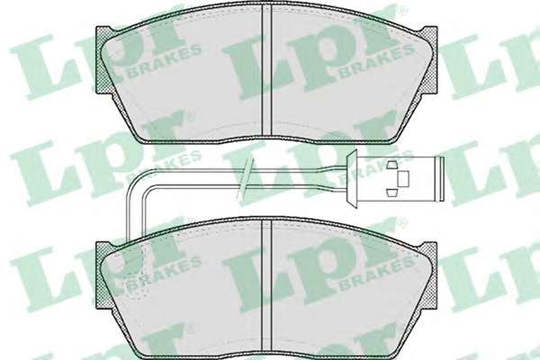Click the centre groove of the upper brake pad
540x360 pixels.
tap(267, 70)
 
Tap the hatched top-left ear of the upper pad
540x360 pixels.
tap(105, 60)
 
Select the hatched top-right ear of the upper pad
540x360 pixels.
tap(428, 60)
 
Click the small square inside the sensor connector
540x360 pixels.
tap(403, 179)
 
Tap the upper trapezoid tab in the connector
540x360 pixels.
tap(392, 165)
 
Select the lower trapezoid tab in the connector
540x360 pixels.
tap(392, 193)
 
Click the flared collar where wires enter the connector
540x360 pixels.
tap(352, 179)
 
